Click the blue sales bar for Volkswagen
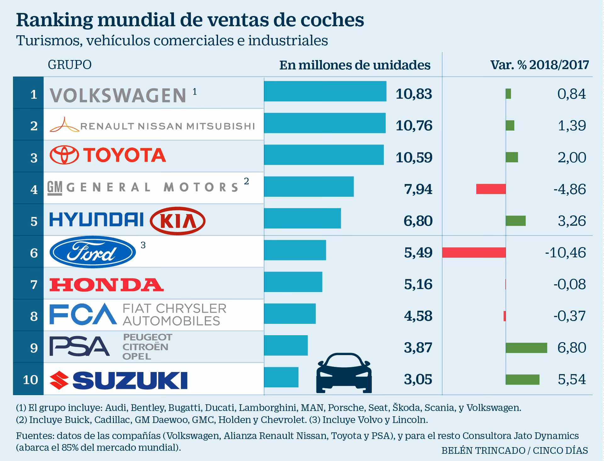325,91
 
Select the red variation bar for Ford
474,253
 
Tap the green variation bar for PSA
526,347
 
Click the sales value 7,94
418,189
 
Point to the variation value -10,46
565,253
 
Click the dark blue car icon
344,373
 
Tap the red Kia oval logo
178,221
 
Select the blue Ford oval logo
93,252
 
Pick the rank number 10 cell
31,380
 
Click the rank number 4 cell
34,189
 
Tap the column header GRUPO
70,65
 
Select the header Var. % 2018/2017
539,65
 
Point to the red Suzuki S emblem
59,380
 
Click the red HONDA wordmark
106,285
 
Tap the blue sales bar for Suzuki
281,377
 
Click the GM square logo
54,188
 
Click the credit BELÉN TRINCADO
483,450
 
